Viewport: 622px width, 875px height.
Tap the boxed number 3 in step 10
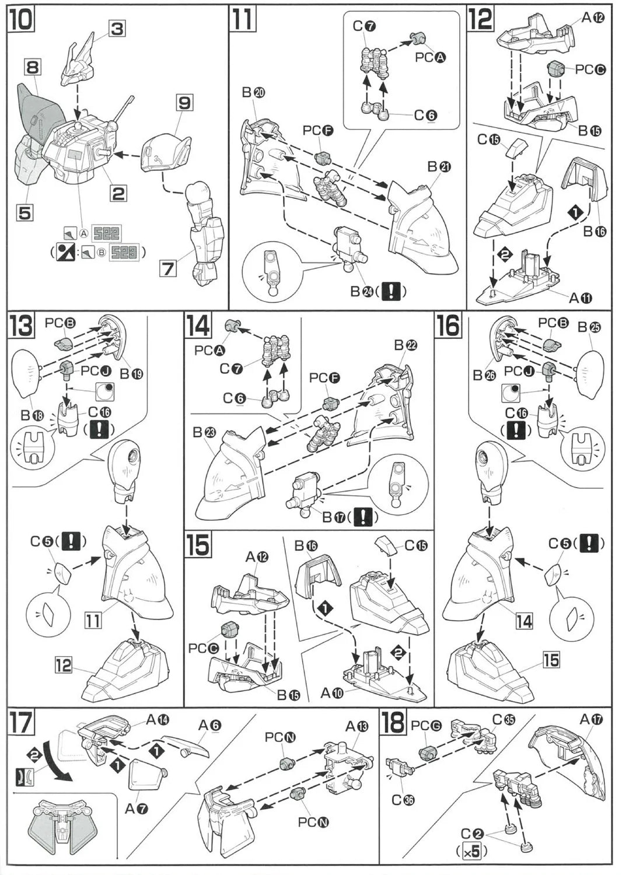(x=117, y=28)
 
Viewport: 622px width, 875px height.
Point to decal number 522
(x=107, y=234)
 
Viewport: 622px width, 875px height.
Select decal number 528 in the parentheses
(x=125, y=253)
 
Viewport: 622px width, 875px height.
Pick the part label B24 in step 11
(x=363, y=290)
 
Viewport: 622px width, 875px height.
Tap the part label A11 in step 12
(x=581, y=298)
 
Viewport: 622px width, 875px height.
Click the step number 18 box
(x=393, y=723)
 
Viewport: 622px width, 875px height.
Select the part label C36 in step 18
(x=402, y=800)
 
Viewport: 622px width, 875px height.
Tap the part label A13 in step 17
(x=357, y=726)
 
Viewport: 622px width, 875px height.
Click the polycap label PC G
(x=428, y=726)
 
